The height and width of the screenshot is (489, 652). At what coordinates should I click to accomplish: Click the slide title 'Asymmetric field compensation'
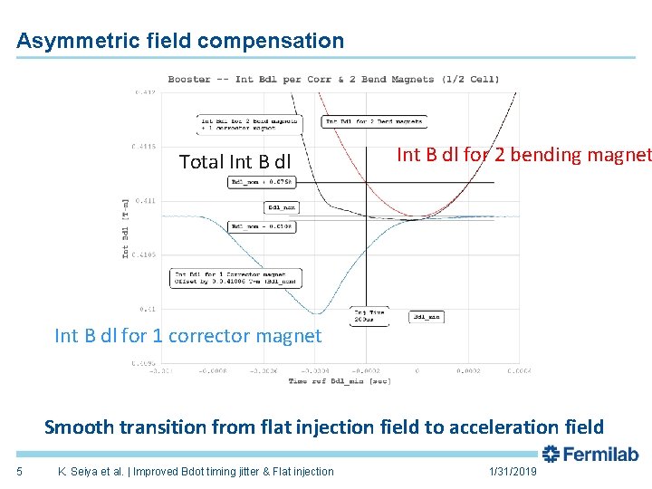[180, 41]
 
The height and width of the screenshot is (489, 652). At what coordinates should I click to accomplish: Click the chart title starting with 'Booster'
[333, 79]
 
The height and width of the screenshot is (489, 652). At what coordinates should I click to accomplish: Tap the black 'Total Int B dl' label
[235, 162]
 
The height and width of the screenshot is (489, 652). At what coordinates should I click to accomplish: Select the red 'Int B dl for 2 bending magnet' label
[523, 155]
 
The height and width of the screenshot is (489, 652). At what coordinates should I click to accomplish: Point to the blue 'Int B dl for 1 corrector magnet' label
[187, 336]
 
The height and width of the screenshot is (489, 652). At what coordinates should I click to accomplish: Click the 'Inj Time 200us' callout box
[368, 316]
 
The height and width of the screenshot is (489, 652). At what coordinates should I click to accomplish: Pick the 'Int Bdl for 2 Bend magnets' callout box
[374, 121]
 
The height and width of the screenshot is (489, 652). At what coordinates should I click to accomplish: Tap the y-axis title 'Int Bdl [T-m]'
[126, 226]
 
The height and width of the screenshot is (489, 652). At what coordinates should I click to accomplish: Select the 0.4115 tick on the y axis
[144, 146]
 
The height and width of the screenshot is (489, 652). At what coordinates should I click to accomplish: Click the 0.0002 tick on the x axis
[469, 370]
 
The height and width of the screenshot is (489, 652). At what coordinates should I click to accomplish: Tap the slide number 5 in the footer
[19, 471]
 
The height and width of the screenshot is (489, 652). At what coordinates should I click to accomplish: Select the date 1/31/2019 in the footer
[513, 471]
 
